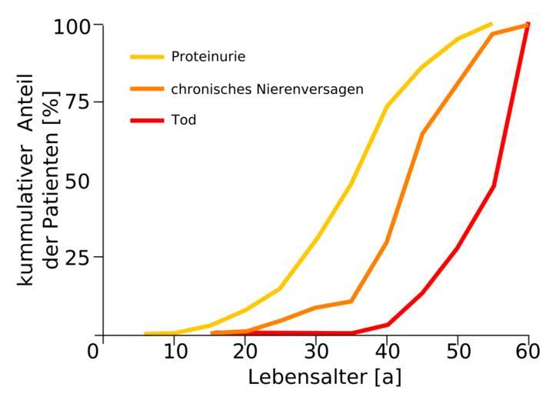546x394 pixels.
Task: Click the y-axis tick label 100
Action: [x=73, y=25]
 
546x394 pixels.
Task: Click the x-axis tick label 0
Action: [x=94, y=352]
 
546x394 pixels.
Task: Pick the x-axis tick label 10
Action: [x=175, y=352]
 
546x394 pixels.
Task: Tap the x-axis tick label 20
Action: [x=245, y=352]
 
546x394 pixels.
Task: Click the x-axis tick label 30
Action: [x=316, y=352]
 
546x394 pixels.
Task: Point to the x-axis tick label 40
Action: [x=387, y=352]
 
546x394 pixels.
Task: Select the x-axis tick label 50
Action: [x=458, y=352]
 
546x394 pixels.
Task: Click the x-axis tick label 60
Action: [x=527, y=352]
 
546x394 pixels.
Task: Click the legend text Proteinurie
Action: [x=208, y=56]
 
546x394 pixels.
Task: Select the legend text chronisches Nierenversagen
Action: [x=268, y=89]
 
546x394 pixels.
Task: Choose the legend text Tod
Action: [x=184, y=121]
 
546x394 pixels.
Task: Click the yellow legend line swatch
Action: [x=147, y=56]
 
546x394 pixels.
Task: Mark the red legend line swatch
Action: [x=147, y=121]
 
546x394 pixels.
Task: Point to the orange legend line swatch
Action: [x=147, y=88]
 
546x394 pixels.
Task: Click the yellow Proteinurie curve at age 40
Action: [x=387, y=105]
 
